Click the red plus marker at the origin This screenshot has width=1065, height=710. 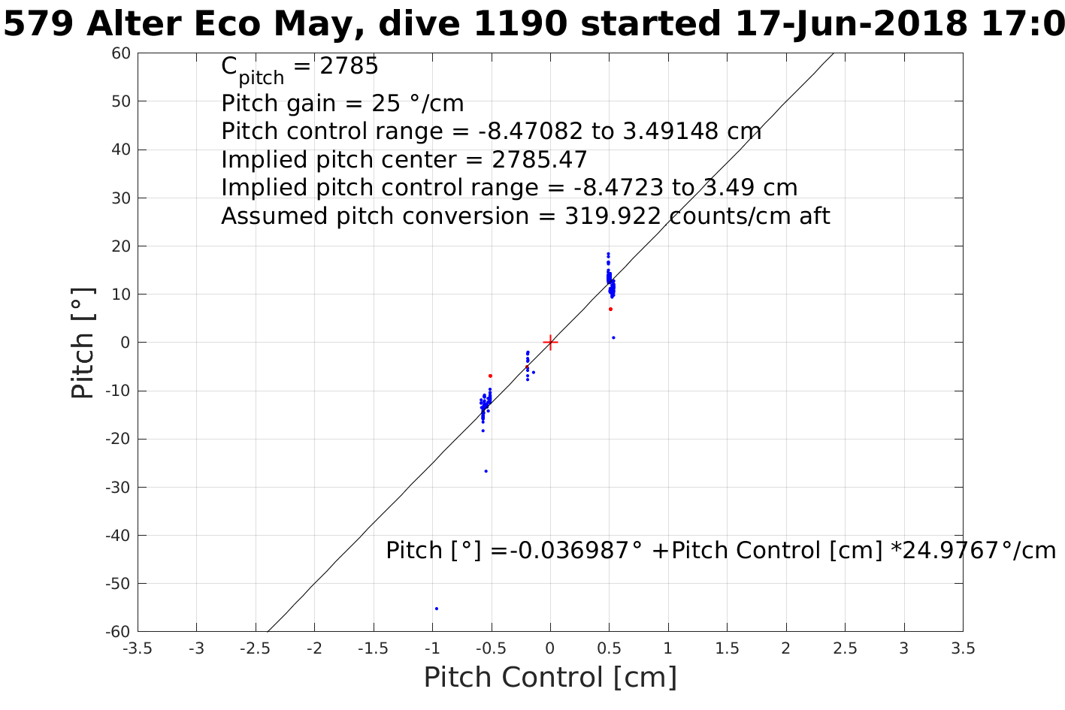point(550,343)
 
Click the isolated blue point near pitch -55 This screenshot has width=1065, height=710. point(437,609)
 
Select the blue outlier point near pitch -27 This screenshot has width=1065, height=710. point(486,471)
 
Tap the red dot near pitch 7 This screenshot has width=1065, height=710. point(610,309)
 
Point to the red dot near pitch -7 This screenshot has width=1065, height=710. point(490,376)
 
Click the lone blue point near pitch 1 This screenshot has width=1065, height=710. point(613,337)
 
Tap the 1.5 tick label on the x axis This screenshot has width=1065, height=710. point(727,648)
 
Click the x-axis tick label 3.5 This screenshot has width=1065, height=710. point(963,648)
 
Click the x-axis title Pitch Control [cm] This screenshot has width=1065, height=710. point(550,678)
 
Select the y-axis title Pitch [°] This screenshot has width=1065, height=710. point(83,343)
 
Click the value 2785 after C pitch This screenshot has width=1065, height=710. point(349,67)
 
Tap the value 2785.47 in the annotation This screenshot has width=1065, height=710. point(539,160)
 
